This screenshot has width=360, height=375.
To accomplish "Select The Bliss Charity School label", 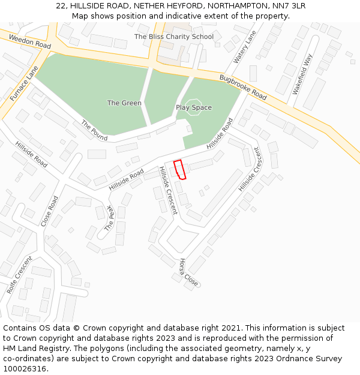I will click(x=173, y=37).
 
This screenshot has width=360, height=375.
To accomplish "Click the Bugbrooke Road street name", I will click(x=242, y=87).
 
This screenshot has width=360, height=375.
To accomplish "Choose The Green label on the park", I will click(x=124, y=103).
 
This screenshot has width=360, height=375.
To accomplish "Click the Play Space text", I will click(x=193, y=107).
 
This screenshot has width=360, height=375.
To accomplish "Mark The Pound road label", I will click(x=94, y=131).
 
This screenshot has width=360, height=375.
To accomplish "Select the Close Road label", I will click(x=50, y=211).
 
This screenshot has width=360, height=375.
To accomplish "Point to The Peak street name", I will click(x=109, y=218).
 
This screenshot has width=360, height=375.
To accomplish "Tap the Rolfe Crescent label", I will click(x=20, y=275).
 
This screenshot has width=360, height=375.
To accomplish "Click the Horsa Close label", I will click(x=188, y=272).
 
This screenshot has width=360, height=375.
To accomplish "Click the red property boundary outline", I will click(x=179, y=169).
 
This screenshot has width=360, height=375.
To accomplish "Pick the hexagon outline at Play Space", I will click(x=193, y=107).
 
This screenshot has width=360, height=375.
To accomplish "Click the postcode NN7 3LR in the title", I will click(x=290, y=5).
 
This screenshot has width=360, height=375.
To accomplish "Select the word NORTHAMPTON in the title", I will click(x=241, y=5).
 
